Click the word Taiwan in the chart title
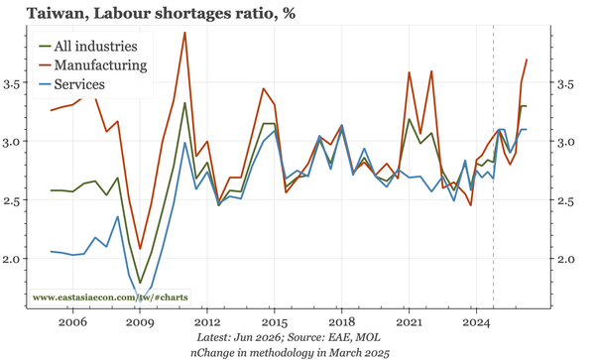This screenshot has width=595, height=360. pos(56,14)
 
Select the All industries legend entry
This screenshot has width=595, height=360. pos(88,47)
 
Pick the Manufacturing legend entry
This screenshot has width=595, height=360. pos(93,65)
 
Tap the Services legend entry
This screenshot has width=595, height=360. pos(72,84)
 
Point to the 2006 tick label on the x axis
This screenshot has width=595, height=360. pos(72,322)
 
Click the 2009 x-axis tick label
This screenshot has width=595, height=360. pos(140,322)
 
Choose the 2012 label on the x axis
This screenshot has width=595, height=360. pos(207,322)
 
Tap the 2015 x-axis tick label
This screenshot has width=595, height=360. pos(275,322)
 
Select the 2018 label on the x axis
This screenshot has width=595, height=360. pos(341,322)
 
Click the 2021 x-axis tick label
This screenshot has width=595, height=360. pos(409,322)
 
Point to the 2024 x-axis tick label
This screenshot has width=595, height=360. pos(477,322)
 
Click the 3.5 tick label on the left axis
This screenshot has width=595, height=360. pos(12,84)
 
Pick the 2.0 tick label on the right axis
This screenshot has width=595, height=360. pos(566,260)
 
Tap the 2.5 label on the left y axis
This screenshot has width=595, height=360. pos(12,200)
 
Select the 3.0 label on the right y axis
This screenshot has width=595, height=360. pos(566,142)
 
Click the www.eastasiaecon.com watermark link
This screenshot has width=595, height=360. pos(110,298)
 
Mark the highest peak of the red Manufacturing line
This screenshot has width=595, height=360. pos(184,33)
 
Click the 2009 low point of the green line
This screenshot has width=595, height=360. pos(140,283)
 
